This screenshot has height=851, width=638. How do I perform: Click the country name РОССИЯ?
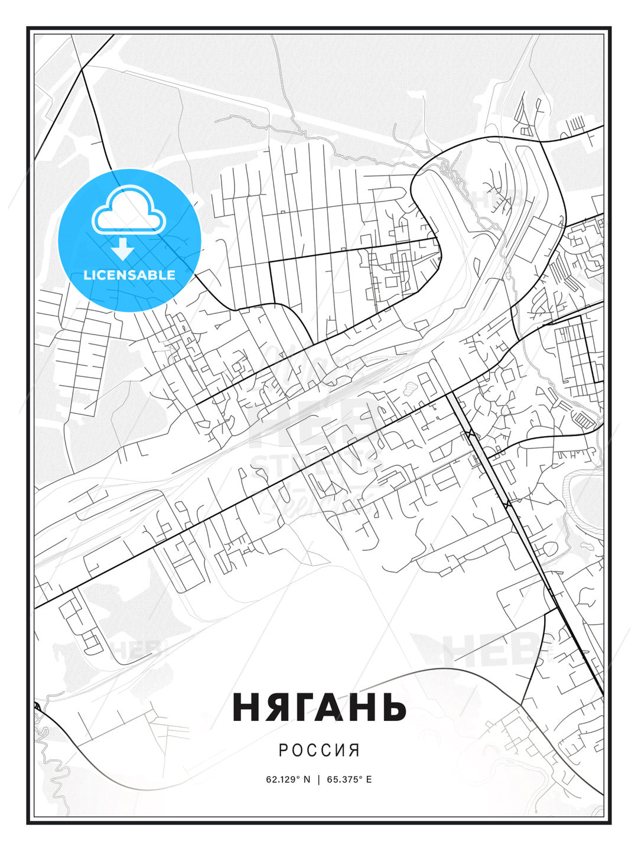tap(319, 750)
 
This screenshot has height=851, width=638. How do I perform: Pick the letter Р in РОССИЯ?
tap(283, 750)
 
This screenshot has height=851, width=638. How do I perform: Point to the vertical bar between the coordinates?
tap(319, 779)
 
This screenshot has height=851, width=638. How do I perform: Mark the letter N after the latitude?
tap(307, 779)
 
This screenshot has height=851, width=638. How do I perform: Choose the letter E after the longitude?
tap(369, 779)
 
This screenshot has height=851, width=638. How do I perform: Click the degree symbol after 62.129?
tap(299, 777)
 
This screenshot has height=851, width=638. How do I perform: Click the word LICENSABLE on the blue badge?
tap(129, 275)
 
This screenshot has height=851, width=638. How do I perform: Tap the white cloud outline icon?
tap(129, 210)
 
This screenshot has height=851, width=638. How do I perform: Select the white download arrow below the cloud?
tap(123, 249)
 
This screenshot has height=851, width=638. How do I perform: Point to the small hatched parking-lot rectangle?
tap(584, 420)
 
